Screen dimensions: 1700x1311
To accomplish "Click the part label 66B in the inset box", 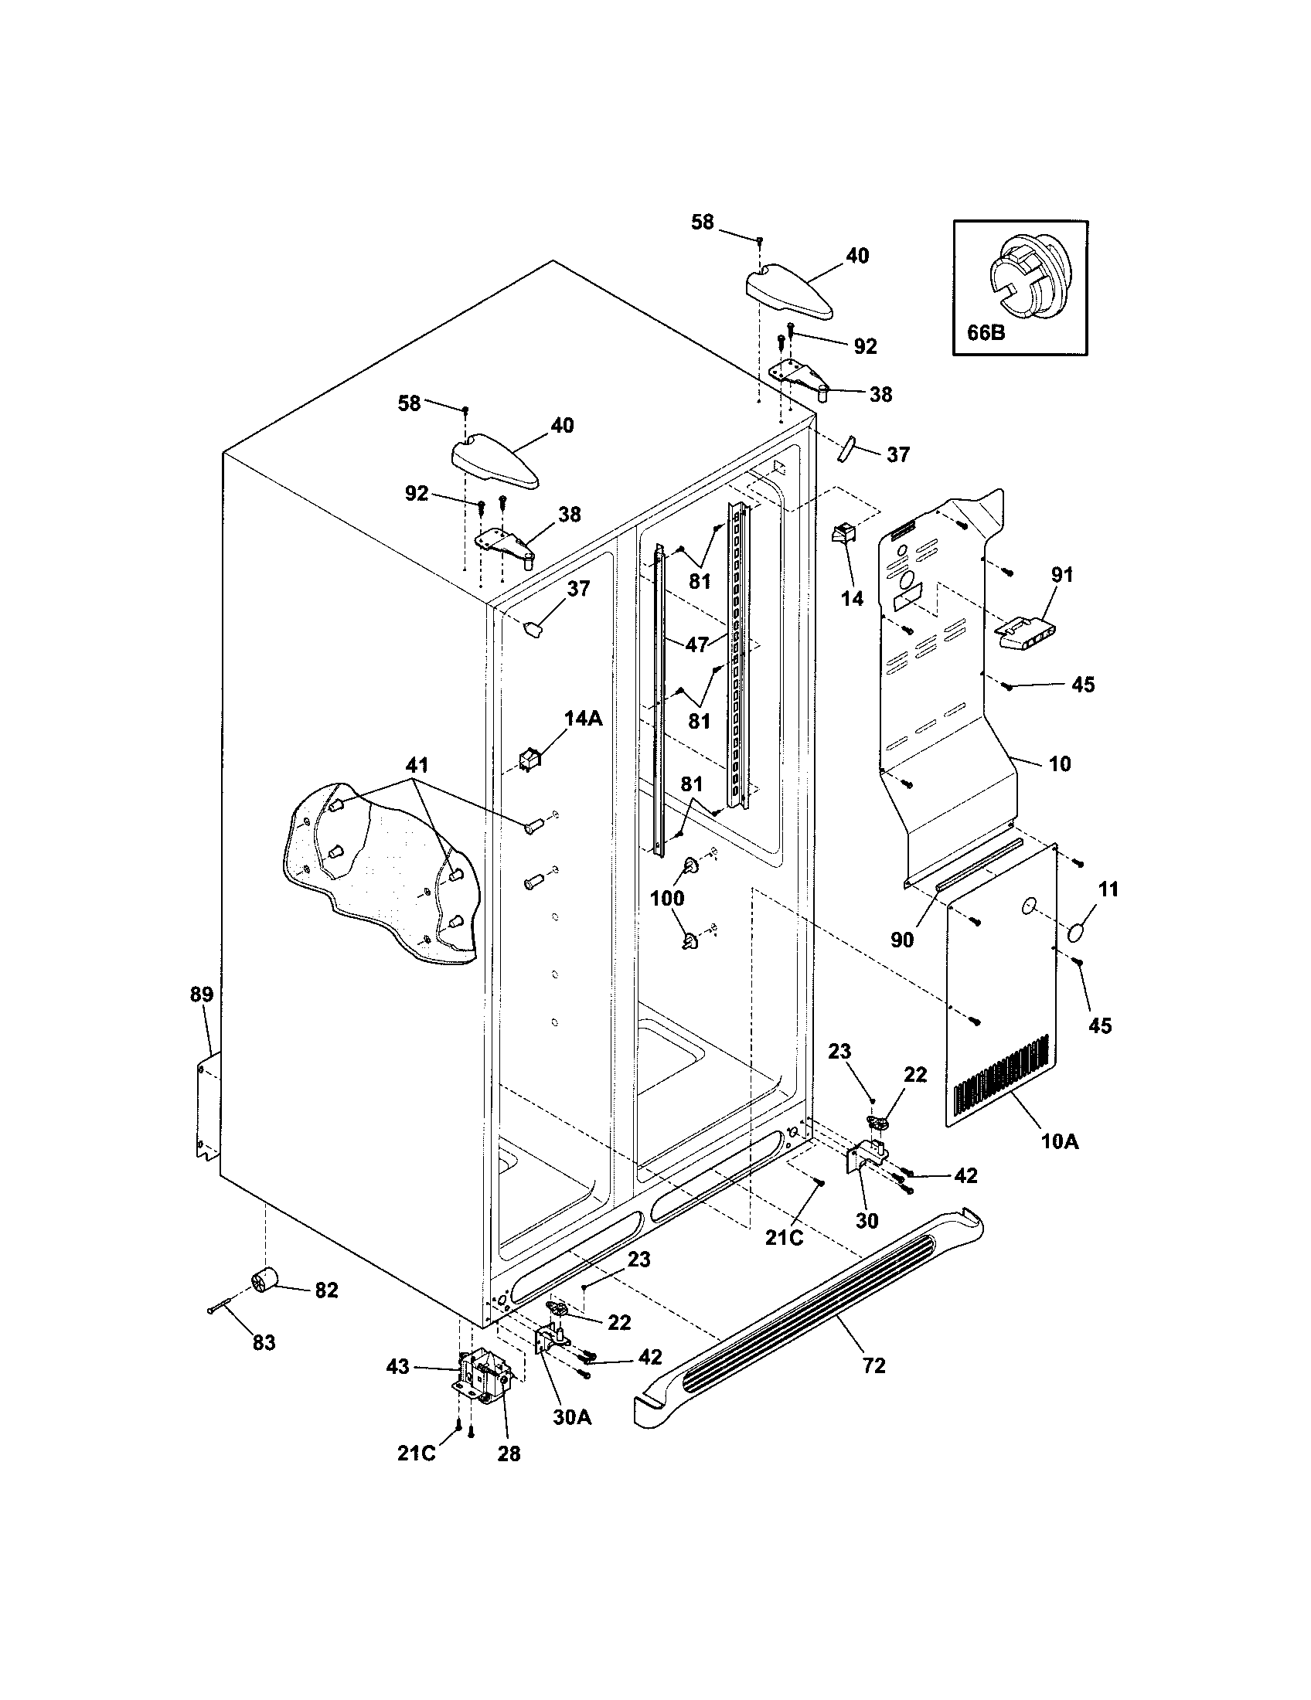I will pos(986,332).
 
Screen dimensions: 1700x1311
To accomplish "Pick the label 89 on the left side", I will pos(201,994).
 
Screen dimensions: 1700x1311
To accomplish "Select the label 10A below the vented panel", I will pos(1061,1164).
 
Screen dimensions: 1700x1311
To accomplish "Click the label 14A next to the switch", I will pos(583,719).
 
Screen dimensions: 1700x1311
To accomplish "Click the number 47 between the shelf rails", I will pos(697,644).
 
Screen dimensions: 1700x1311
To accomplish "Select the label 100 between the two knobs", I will pos(667,898).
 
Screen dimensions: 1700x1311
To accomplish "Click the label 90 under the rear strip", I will pos(901,940).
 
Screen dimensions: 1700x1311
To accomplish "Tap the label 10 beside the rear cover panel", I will pos(1060,763).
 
